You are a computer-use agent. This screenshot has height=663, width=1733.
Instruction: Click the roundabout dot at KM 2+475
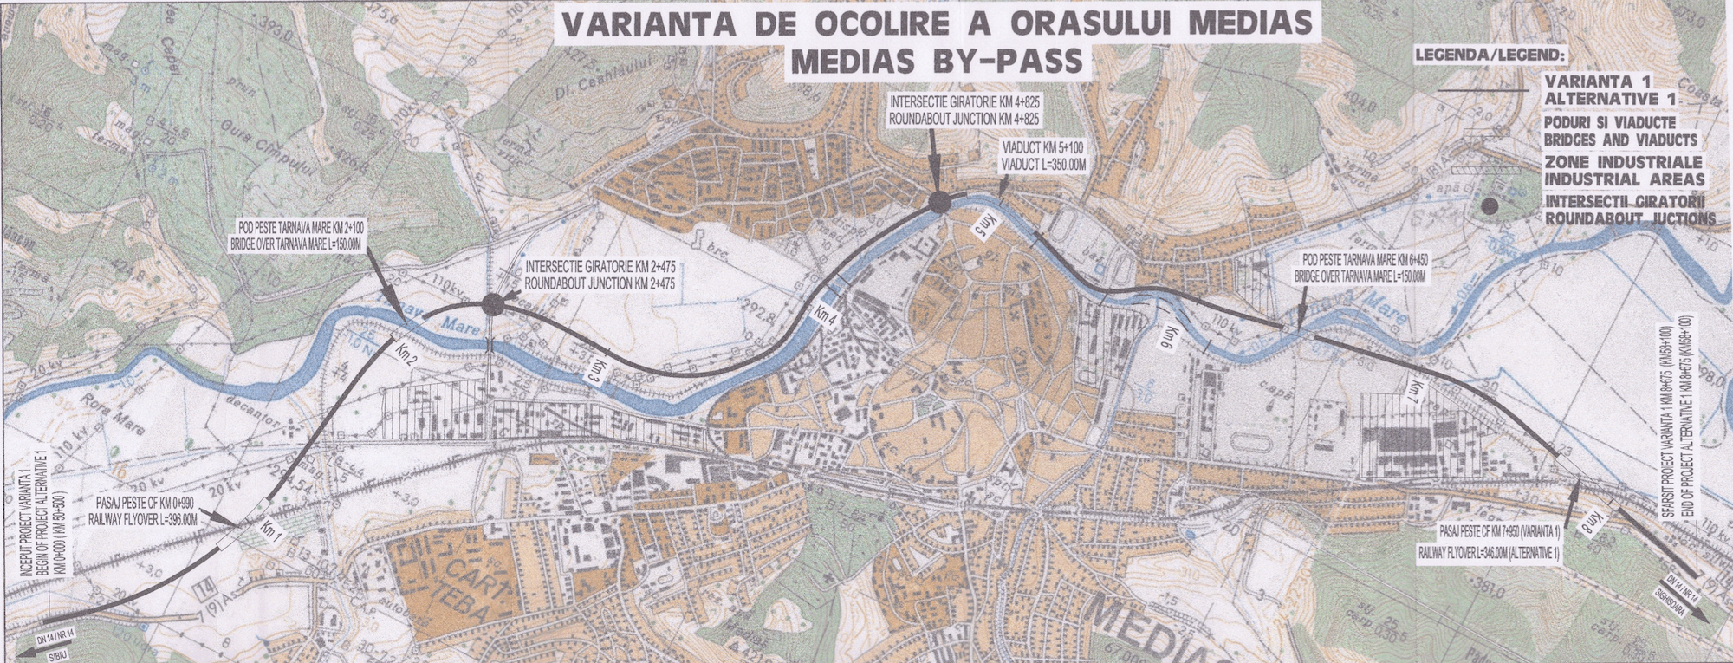[x=492, y=304]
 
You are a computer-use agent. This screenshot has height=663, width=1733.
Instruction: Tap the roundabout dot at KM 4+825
[x=939, y=204]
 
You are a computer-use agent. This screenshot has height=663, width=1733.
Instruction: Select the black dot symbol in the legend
[x=1489, y=206]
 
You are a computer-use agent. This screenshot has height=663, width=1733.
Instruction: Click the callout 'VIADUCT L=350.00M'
[x=1042, y=163]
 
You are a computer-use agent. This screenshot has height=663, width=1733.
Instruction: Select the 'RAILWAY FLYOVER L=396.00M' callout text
[x=143, y=519]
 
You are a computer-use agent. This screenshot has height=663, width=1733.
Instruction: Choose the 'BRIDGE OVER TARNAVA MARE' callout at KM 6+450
[x=1360, y=276]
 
